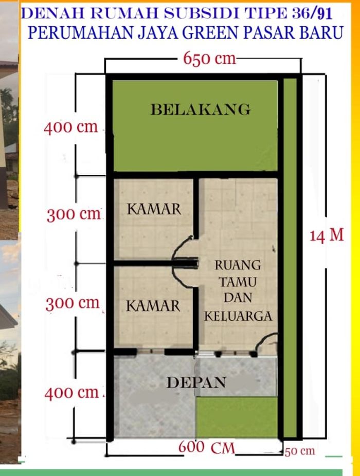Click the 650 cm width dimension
(x=209, y=58)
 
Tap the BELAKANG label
(x=201, y=109)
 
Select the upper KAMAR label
(x=154, y=209)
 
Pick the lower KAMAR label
(x=153, y=306)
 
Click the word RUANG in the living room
(x=238, y=265)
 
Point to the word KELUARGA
(x=238, y=316)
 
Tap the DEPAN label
(x=196, y=382)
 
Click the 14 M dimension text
(x=327, y=235)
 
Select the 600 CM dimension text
(x=207, y=447)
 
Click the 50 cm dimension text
(x=300, y=451)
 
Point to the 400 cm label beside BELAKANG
(x=71, y=127)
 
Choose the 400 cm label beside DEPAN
(x=71, y=393)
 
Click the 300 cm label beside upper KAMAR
(x=74, y=214)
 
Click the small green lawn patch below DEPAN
(x=237, y=417)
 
